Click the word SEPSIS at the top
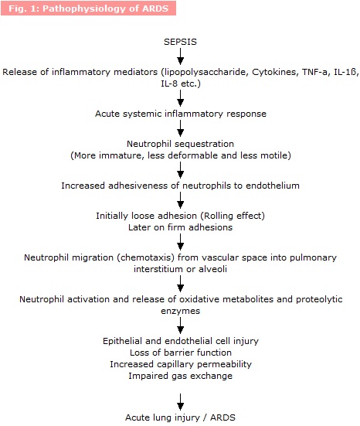pyautogui.click(x=180, y=42)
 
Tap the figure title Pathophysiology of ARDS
pyautogui.click(x=106, y=9)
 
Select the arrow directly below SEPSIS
pyautogui.click(x=180, y=56)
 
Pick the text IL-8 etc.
pyautogui.click(x=181, y=83)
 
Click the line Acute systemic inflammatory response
pyautogui.click(x=181, y=114)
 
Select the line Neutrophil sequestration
pyautogui.click(x=180, y=144)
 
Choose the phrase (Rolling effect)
pyautogui.click(x=233, y=216)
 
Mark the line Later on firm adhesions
pyautogui.click(x=180, y=227)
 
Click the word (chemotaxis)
pyautogui.click(x=146, y=257)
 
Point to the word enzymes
pyautogui.click(x=180, y=311)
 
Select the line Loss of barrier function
pyautogui.click(x=181, y=353)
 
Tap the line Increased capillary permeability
pyautogui.click(x=181, y=364)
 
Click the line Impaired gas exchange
pyautogui.click(x=180, y=376)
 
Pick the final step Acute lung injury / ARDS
pyautogui.click(x=180, y=417)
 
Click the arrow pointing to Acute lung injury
pyautogui.click(x=180, y=402)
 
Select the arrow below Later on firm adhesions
pyautogui.click(x=180, y=242)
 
